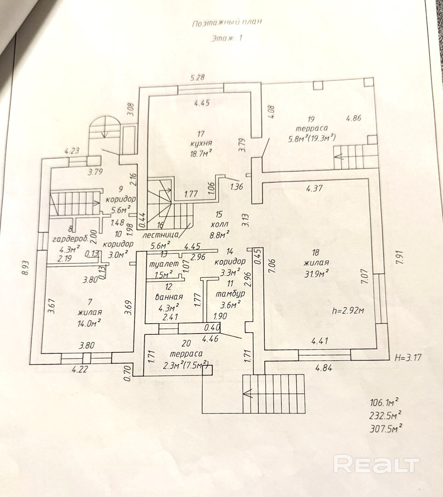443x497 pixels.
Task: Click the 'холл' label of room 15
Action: [218, 225]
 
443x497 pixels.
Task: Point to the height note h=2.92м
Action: [348, 310]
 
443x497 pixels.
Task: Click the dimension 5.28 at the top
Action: [197, 77]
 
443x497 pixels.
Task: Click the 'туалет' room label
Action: [160, 265]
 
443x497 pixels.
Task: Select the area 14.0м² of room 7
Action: [89, 323]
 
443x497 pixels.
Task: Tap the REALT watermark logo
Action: [376, 464]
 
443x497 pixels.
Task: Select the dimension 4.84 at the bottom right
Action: [324, 368]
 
